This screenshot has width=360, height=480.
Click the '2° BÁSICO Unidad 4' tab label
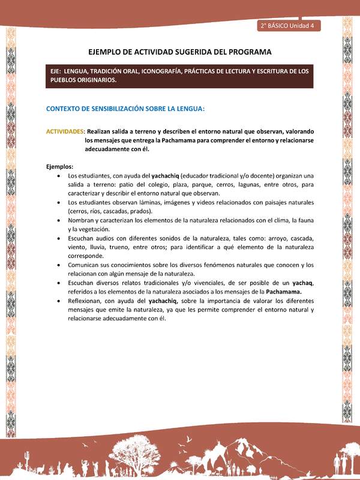(x=289, y=26)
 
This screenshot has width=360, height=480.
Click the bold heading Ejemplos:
(x=60, y=166)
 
